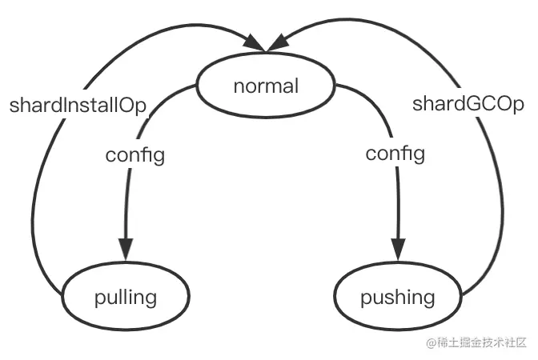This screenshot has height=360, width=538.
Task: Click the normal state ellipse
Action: coord(265,86)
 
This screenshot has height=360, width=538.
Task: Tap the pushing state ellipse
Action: coord(397,298)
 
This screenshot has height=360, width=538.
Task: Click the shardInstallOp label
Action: coord(79,106)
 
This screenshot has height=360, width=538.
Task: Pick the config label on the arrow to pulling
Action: coord(134,154)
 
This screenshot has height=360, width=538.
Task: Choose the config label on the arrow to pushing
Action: coord(395,154)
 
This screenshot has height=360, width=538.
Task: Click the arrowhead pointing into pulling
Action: coord(125,250)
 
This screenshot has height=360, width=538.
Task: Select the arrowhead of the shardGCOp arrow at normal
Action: coord(280,39)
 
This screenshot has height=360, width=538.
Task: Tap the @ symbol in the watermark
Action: coord(432,343)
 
